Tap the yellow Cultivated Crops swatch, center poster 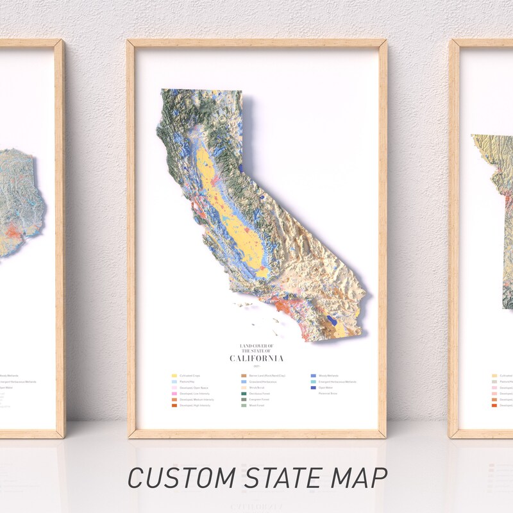click(x=174, y=376)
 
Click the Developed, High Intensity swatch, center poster click(x=174, y=406)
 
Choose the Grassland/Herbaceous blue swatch click(x=244, y=382)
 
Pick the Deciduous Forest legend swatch click(x=244, y=394)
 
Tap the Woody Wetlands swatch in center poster click(x=313, y=376)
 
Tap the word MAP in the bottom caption click(x=360, y=478)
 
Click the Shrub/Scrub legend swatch click(x=244, y=388)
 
